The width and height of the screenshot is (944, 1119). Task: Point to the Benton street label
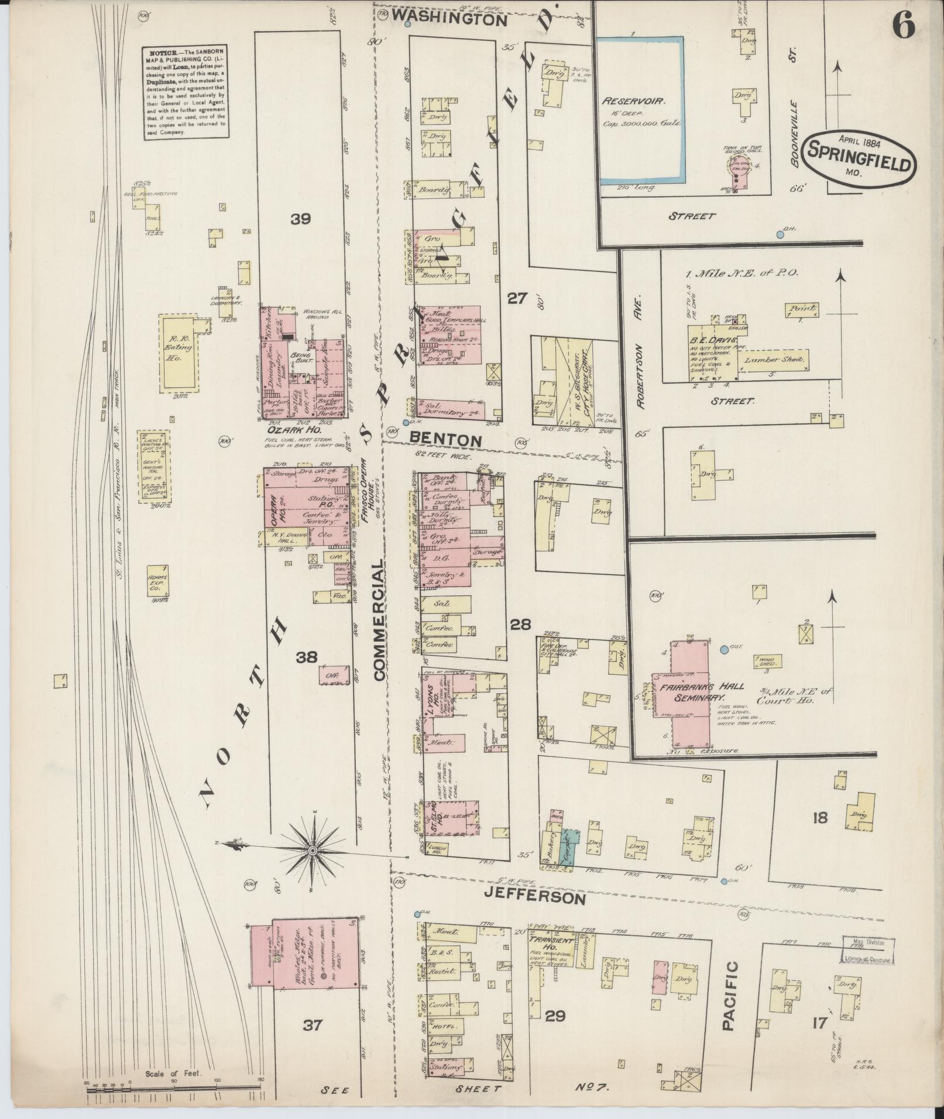click(445, 439)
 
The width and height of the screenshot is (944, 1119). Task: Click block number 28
click(520, 625)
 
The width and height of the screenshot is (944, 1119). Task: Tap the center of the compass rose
click(313, 849)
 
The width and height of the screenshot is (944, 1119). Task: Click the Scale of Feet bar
click(173, 1086)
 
